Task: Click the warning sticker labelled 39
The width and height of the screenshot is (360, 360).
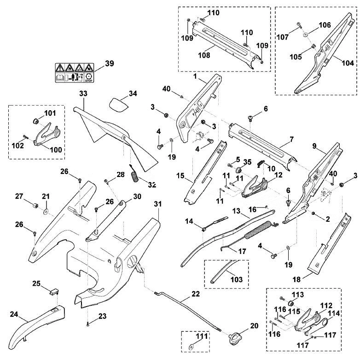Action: pos(74,73)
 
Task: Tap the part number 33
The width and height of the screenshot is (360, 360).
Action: pos(84,94)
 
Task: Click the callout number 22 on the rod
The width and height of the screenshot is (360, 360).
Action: pos(196,294)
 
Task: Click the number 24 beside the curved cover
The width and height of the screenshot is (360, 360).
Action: pos(14,314)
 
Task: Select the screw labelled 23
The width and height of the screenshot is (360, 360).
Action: pos(88,325)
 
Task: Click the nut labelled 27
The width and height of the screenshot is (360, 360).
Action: pos(35,205)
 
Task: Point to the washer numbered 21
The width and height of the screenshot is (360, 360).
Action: pos(46,211)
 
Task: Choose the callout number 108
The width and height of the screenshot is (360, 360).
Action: pos(204,55)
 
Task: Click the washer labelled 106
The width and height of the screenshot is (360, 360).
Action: pos(306,35)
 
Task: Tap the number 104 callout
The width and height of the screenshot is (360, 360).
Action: pos(348,63)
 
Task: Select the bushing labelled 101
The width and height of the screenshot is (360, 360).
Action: pos(36,121)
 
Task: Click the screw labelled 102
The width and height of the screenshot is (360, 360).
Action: pos(25,137)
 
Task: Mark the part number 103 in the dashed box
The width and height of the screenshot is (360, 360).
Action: pos(237,279)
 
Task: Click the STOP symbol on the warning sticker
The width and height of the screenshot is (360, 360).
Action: pos(88,78)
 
